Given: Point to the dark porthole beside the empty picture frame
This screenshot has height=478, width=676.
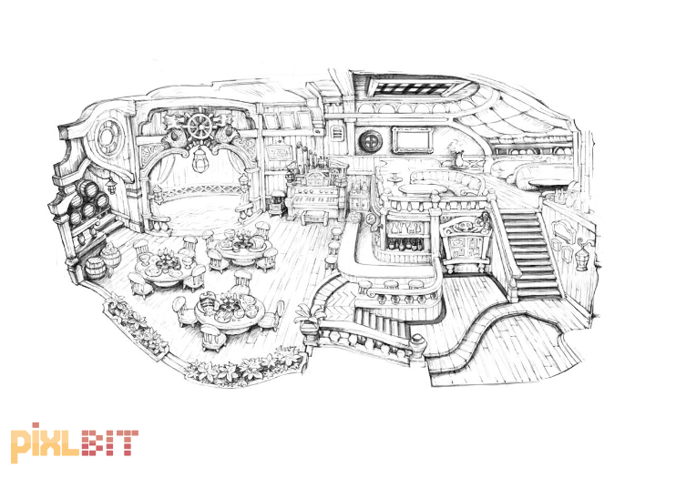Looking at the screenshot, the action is tap(370, 141).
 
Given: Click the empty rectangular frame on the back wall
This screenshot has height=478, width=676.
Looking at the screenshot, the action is tap(412, 140).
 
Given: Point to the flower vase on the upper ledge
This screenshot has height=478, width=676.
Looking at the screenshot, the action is tap(458, 154).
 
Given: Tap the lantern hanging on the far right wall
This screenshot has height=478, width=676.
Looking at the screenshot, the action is tap(581, 258).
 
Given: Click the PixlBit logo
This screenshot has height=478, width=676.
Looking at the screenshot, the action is tap(74, 442).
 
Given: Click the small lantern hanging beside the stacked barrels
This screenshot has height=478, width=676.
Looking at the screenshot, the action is tap(112, 186).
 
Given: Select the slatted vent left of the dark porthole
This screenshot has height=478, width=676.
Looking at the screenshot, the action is tap(338, 133).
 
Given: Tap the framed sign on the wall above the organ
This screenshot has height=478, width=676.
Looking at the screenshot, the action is tap(279, 151).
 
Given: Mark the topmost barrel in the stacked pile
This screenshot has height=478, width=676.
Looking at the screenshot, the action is tap(86, 188).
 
